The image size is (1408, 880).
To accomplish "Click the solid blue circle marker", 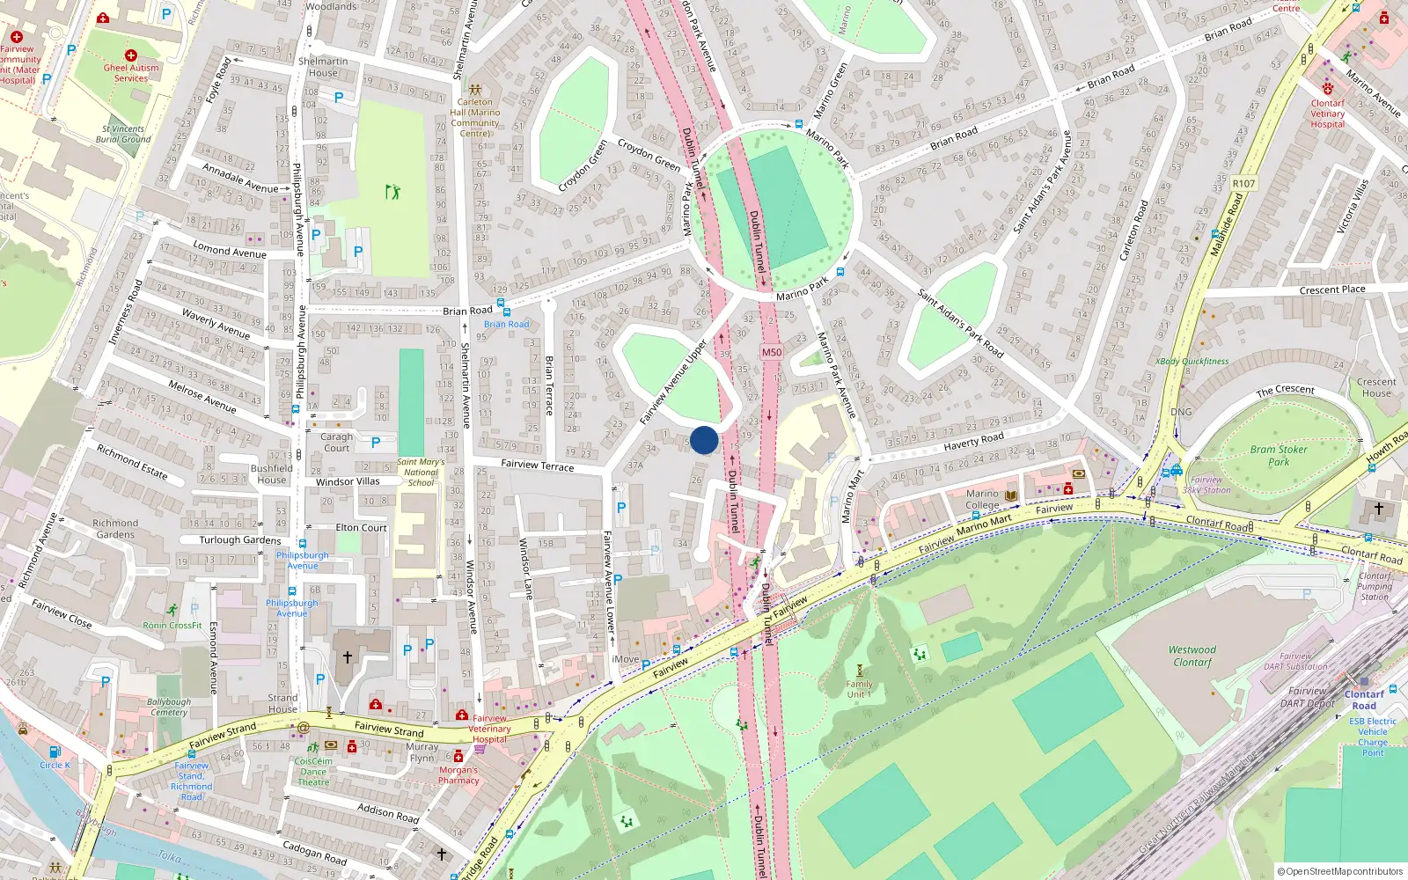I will tap(704, 440).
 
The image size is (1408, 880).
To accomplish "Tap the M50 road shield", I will tap(772, 352).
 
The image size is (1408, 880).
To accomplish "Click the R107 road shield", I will tap(1244, 183).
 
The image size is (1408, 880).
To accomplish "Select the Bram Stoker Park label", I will tap(1279, 455).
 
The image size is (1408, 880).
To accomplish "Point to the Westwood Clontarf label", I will tap(1192, 656).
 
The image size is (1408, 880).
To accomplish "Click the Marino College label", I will tap(982, 499).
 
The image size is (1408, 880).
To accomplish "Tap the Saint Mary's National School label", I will tap(421, 472).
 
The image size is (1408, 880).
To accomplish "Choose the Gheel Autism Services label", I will tap(131, 72).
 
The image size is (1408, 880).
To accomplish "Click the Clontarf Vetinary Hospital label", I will tap(1328, 114).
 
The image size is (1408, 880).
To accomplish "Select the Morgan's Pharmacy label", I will tap(458, 774).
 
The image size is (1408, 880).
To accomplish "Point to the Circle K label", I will tap(55, 765).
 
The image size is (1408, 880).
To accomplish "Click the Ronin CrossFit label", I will tap(172, 625).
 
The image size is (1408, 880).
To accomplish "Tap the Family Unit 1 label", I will tap(860, 689).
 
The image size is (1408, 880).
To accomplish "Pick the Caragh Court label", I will tap(336, 442).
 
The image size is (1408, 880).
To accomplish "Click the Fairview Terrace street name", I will tap(537, 465).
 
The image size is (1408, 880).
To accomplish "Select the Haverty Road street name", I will tap(973, 441).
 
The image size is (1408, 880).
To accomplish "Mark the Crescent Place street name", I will tap(1332, 290).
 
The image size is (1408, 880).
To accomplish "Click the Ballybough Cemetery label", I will tap(169, 707).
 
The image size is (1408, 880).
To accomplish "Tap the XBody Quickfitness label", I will tap(1192, 361).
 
